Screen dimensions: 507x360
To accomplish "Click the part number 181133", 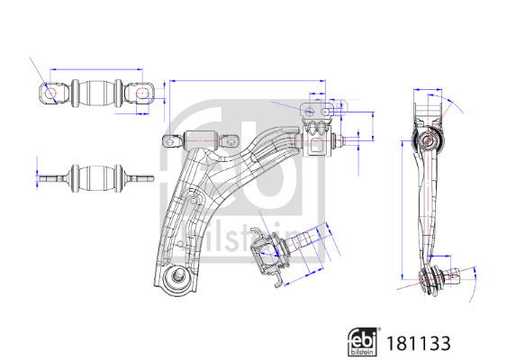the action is click(x=419, y=343).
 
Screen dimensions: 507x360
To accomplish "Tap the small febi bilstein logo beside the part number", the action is click(x=362, y=342).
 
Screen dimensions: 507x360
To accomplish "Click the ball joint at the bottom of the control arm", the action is click(x=177, y=279).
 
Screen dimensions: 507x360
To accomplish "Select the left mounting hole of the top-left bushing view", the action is click(x=50, y=94).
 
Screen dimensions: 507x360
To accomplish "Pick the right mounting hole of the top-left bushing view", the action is click(x=142, y=94).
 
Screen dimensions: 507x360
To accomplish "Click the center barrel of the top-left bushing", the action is click(x=96, y=94).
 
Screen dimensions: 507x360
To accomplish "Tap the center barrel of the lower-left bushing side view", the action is click(x=96, y=178).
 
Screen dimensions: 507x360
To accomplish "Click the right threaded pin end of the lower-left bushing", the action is click(x=141, y=178).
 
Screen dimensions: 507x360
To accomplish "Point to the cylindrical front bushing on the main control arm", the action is click(x=200, y=140).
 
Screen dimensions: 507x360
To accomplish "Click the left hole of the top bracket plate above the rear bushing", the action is click(x=310, y=112).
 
